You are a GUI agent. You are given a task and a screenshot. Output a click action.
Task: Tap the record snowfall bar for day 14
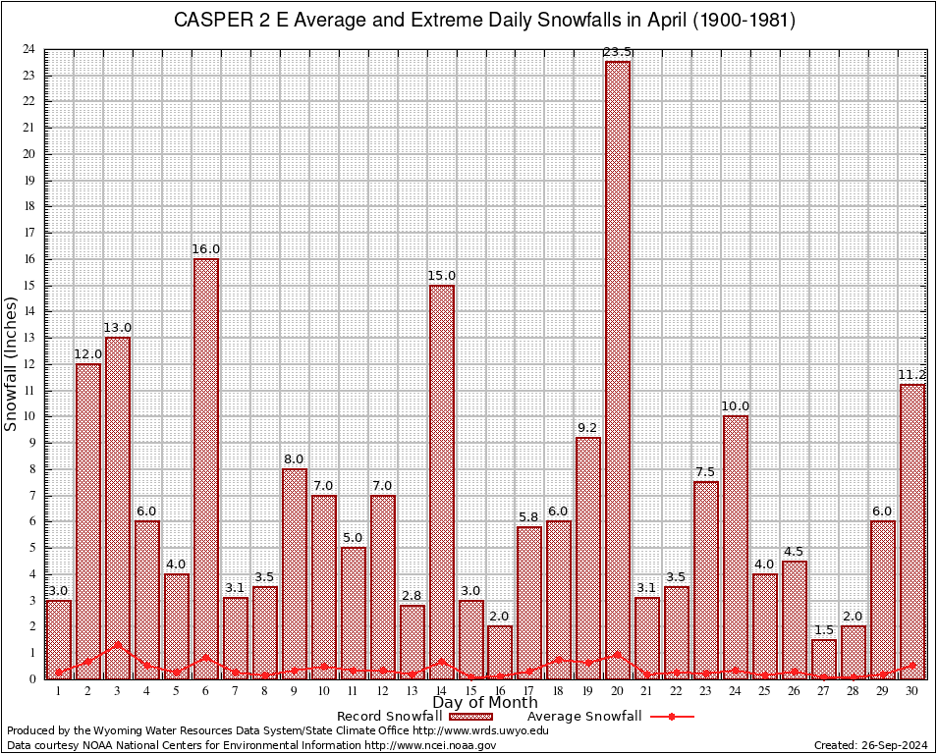tap(442, 481)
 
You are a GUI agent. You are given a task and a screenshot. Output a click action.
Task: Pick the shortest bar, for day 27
tap(824, 659)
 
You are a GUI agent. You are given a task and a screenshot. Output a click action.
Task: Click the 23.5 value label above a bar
tap(618, 52)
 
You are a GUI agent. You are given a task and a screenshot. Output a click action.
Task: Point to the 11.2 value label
tap(912, 375)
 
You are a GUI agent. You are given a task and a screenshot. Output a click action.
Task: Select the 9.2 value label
tap(588, 428)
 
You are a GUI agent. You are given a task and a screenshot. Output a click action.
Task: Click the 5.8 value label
tap(529, 517)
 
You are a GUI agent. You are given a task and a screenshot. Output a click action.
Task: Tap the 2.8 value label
tap(413, 596)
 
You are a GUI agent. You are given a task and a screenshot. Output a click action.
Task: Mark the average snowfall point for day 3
tap(118, 645)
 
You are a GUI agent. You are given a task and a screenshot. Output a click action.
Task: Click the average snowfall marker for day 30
tap(912, 665)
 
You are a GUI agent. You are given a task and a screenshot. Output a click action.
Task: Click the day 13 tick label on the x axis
tap(413, 691)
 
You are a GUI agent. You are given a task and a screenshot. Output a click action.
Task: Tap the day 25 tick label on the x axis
tap(765, 691)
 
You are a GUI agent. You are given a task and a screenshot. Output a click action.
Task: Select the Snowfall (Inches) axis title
tap(12, 364)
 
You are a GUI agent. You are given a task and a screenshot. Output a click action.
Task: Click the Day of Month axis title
tap(484, 702)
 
